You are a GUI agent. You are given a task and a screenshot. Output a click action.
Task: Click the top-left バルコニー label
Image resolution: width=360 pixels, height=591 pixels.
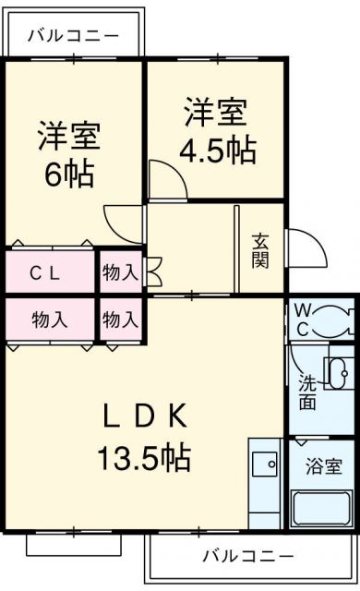click(x=73, y=36)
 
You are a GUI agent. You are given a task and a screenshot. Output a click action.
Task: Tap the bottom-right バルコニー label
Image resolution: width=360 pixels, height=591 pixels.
click(x=247, y=556)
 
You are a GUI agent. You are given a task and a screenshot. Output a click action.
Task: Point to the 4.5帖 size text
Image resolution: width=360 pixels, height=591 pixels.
click(x=219, y=150)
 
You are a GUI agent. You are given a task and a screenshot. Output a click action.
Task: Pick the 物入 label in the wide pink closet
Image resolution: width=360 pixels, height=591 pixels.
click(x=50, y=320)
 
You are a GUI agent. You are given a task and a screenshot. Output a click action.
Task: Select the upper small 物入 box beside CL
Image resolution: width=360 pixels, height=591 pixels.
click(x=120, y=272)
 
